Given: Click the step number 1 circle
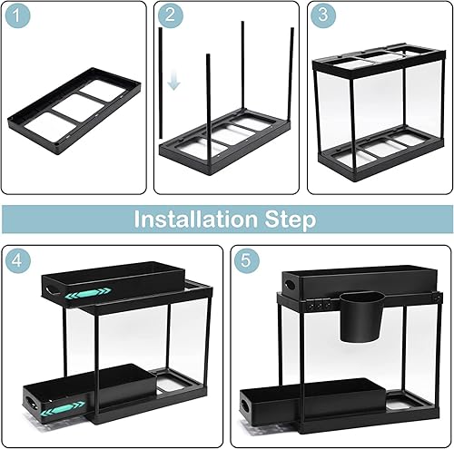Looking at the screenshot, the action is (18, 15).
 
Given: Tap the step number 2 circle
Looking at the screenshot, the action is (171, 15).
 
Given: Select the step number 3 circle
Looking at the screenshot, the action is (323, 15).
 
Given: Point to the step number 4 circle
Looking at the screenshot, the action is (18, 260).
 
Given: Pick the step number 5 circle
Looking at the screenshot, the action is (247, 260).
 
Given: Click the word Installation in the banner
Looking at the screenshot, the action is (196, 220).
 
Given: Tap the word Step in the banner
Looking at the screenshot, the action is (291, 220).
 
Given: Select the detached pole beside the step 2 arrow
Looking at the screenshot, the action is (161, 83).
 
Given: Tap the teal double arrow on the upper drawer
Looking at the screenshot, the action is (88, 293).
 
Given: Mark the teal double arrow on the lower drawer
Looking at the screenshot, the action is (63, 408).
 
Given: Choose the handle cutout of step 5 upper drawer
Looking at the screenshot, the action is (291, 285).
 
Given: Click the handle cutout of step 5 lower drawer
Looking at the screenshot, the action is (245, 406).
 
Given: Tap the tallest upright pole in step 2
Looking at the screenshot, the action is (242, 65).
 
